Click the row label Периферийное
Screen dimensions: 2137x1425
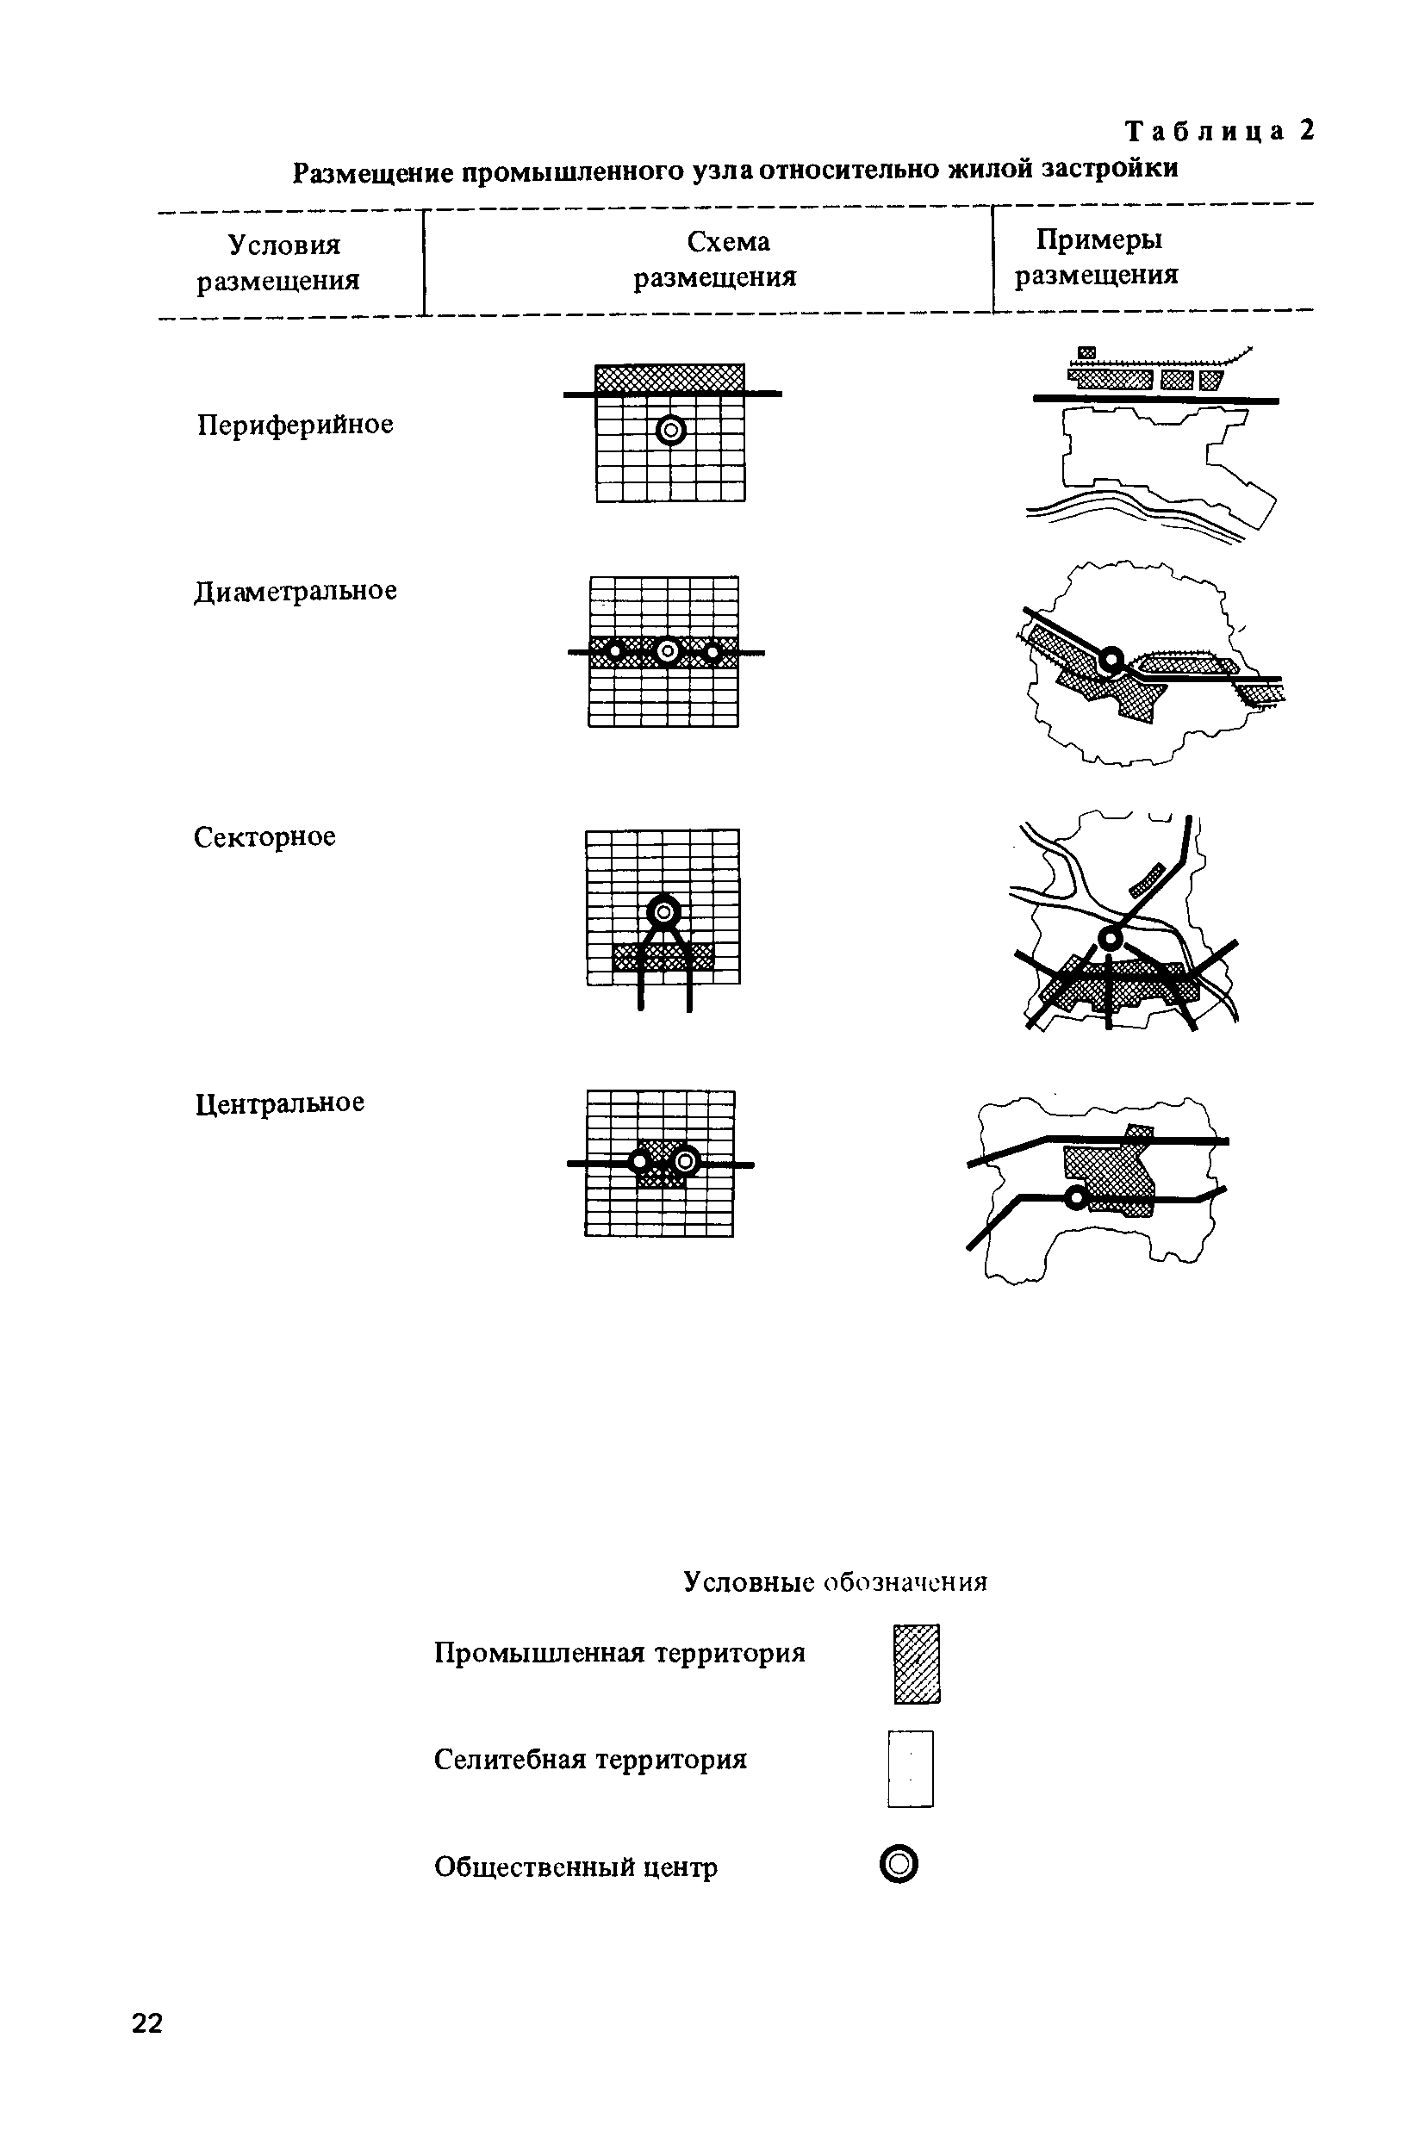coord(296,426)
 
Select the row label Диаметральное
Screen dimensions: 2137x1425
coord(296,592)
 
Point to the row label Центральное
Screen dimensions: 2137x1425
coord(280,1103)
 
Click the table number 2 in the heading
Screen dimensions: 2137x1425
coord(1307,132)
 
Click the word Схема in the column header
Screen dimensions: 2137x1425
coord(728,242)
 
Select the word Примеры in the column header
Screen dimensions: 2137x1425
coord(1098,239)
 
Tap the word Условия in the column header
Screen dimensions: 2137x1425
coord(284,245)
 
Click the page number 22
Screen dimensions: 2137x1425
coord(147,2023)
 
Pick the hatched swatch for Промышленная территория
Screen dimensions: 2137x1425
coord(917,1663)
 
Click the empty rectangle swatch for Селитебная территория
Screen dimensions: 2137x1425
coord(911,1768)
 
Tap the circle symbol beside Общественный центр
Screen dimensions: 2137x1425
coord(899,1866)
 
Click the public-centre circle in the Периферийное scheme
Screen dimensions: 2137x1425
coord(670,430)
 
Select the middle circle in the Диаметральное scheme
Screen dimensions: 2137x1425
coord(667,650)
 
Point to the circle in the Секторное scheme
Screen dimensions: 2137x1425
coord(663,910)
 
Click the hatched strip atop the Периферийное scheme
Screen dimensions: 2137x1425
coord(669,378)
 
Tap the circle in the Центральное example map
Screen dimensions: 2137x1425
coord(1076,1198)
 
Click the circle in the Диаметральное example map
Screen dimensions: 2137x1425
coord(1110,660)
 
